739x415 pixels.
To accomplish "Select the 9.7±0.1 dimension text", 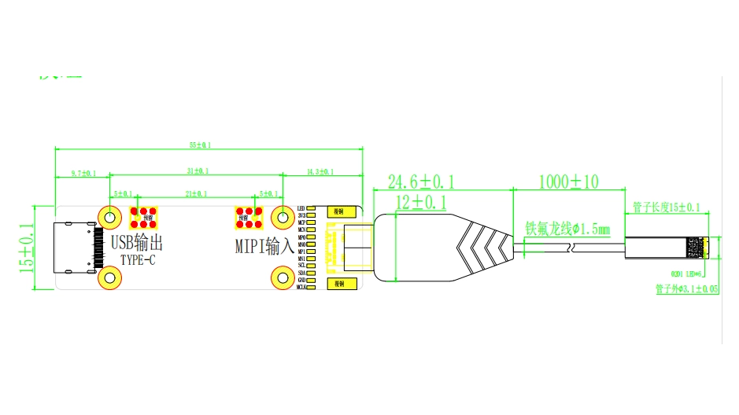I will pos(83,173).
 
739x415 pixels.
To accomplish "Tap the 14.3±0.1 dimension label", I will pos(320,171).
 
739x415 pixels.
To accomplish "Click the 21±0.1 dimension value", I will pos(197,193).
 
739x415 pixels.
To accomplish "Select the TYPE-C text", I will pos(138,260).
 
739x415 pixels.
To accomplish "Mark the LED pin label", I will pos(301,208).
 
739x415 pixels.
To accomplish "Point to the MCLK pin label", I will pos(301,288).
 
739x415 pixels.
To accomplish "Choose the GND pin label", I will pos(301,280).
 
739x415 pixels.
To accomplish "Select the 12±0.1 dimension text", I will pos(420,203).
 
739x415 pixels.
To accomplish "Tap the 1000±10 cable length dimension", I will pos(568,182).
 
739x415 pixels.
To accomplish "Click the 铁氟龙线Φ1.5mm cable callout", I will pos(567,230).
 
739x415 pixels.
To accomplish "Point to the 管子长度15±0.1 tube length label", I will pos(666,207).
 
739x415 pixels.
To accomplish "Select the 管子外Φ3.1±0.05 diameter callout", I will pos(686,289).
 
